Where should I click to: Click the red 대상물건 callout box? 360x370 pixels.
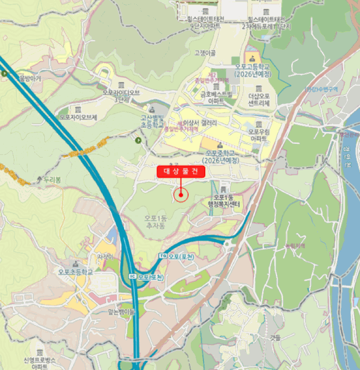(180, 171)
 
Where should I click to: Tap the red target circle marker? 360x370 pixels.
(181, 195)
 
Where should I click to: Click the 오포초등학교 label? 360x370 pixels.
(76, 272)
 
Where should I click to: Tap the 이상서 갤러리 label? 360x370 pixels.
(200, 123)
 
